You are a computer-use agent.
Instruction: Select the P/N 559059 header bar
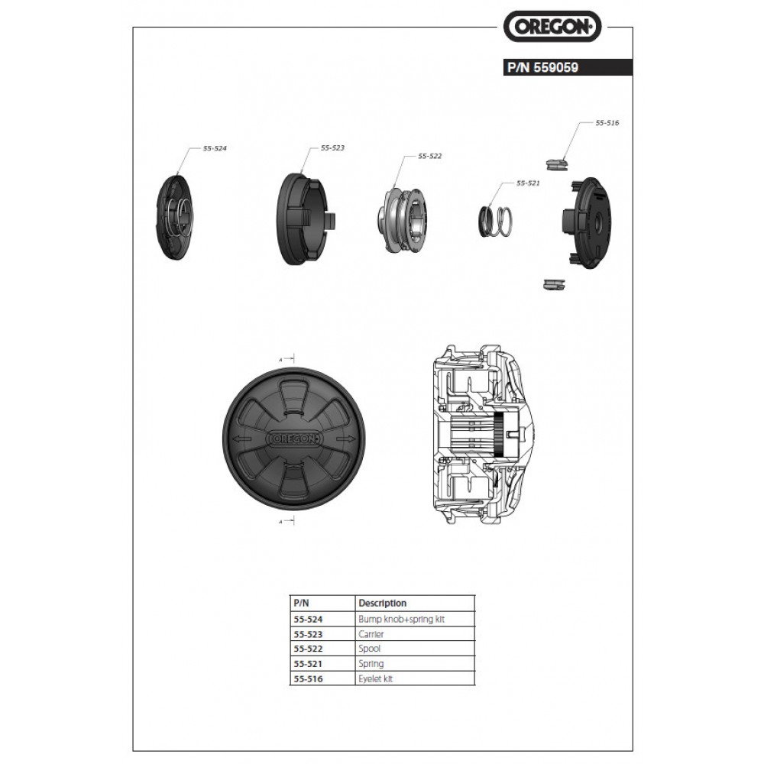pos(566,67)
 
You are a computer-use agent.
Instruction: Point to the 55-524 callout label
pos(215,150)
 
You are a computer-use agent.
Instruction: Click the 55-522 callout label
pos(429,156)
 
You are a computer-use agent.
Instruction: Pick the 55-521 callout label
pos(528,183)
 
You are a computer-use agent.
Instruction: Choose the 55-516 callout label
pos(607,122)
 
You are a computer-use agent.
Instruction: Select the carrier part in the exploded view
pos(303,219)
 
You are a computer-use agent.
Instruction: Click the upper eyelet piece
pos(558,162)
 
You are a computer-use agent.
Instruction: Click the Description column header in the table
pos(382,603)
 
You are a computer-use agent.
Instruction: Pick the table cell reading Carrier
pos(371,634)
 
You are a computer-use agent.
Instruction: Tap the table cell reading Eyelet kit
pos(376,678)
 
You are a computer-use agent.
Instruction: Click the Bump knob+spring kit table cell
pos(401,619)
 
